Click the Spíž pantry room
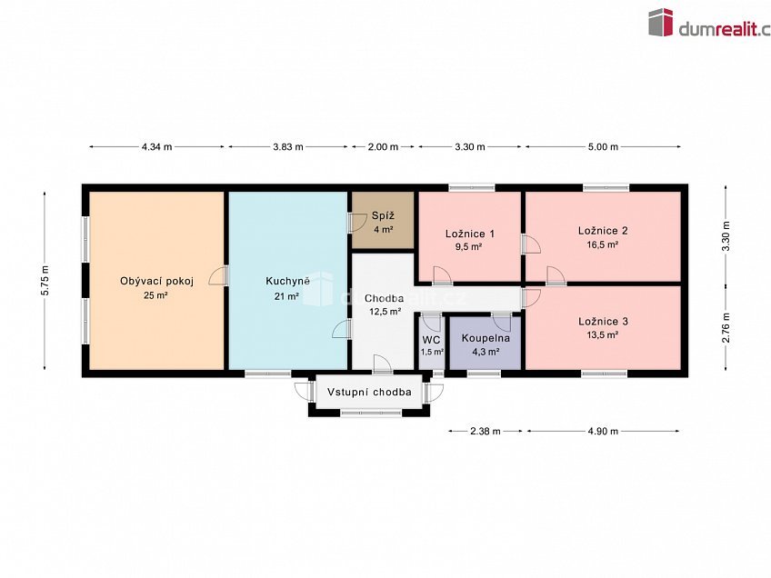pyautogui.click(x=383, y=220)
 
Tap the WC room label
pyautogui.click(x=431, y=340)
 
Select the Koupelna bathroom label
pyautogui.click(x=486, y=338)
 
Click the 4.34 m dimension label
pyautogui.click(x=157, y=146)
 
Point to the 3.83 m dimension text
pyautogui.click(x=288, y=146)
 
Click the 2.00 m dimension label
pyautogui.click(x=383, y=146)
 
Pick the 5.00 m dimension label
pyautogui.click(x=603, y=146)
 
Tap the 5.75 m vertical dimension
pyautogui.click(x=45, y=280)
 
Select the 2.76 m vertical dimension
pyautogui.click(x=726, y=328)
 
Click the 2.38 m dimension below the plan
pyautogui.click(x=486, y=431)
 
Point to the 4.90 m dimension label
pyautogui.click(x=603, y=431)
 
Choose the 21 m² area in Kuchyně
pyautogui.click(x=287, y=296)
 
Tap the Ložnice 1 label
pyautogui.click(x=470, y=234)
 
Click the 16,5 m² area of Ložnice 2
pyautogui.click(x=603, y=244)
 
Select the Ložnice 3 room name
pyautogui.click(x=603, y=322)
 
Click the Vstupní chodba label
pyautogui.click(x=369, y=392)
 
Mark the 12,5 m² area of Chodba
pyautogui.click(x=385, y=311)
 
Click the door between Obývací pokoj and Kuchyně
pyautogui.click(x=220, y=275)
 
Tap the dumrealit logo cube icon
pyautogui.click(x=660, y=22)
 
